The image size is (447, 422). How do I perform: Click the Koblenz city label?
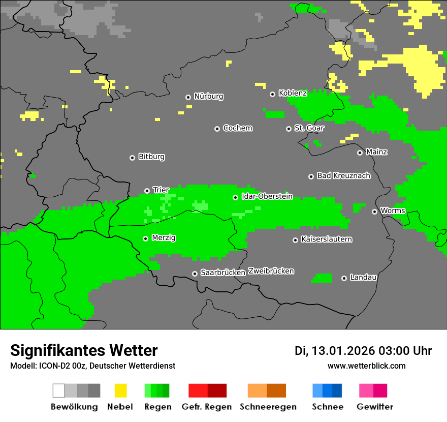[293, 93]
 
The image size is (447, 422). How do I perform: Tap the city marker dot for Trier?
[147, 191]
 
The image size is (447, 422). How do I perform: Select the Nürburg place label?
[208, 96]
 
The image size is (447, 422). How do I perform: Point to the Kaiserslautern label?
[327, 239]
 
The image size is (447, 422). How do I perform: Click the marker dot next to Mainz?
[360, 153]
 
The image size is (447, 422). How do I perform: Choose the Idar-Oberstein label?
[267, 196]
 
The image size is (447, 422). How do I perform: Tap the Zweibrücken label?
[271, 271]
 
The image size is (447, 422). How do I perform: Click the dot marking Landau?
[344, 278]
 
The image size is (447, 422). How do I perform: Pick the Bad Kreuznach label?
[343, 175]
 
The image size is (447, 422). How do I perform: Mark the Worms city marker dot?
[374, 212]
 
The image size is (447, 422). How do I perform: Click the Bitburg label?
[151, 157]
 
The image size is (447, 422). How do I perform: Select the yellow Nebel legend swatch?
[120, 390]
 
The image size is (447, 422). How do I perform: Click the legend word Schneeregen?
[268, 407]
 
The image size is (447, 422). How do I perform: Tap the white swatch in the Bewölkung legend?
[59, 390]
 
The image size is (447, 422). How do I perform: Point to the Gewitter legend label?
[374, 407]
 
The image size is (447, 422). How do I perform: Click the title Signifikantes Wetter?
[84, 350]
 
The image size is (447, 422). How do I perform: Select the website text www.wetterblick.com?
[366, 366]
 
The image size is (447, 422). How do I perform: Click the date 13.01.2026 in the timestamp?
[342, 351]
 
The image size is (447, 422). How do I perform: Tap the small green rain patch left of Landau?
[322, 278]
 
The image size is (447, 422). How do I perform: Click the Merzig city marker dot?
[145, 238]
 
